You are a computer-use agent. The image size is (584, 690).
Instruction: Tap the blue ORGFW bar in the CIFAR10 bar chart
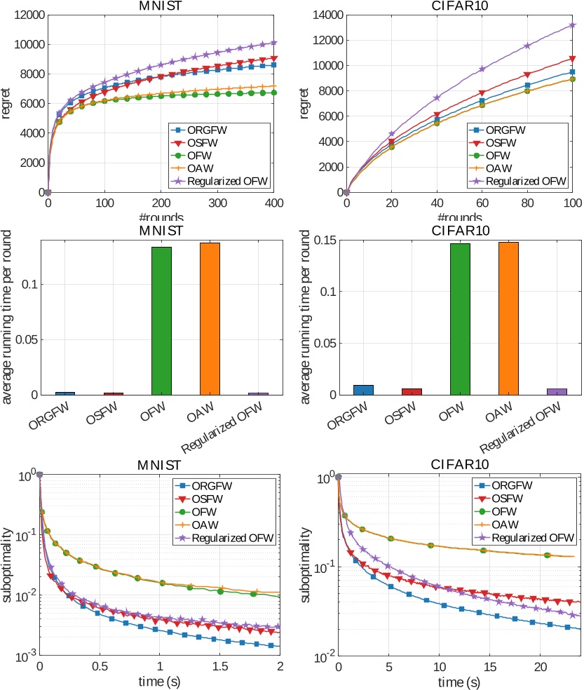point(363,390)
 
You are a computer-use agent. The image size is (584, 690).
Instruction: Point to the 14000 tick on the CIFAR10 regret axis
point(320,15)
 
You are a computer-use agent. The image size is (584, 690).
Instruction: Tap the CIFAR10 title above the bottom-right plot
point(460,465)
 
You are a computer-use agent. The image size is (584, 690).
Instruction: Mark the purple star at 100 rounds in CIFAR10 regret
point(572,25)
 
